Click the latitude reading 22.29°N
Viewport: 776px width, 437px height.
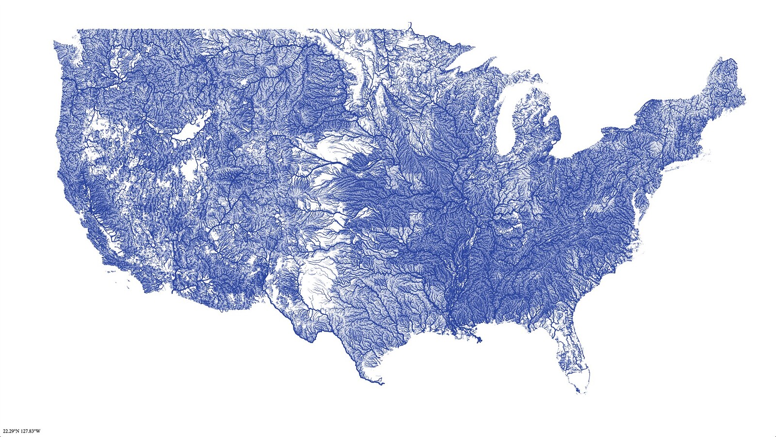[12, 431]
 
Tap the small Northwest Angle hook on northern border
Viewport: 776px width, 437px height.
[410, 24]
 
